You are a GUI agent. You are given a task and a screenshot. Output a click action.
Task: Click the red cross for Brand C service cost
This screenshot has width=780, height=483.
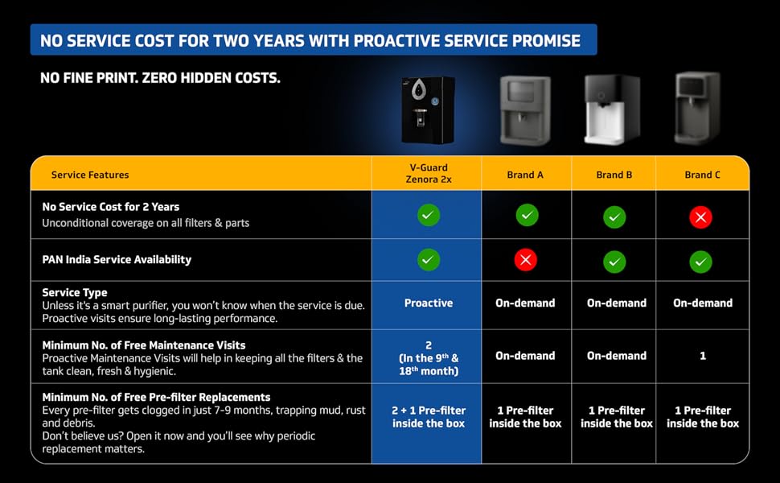point(701,217)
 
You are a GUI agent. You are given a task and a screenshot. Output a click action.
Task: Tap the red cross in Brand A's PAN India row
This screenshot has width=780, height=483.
point(526,260)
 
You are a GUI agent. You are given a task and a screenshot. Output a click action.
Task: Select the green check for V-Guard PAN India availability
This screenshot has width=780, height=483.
point(429,260)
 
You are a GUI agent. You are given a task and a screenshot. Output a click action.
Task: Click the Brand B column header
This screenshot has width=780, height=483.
point(614,175)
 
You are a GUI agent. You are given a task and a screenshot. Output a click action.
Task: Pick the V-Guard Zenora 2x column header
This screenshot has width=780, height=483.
point(429,174)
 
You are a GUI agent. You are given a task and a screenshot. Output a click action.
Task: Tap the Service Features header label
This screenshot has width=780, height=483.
point(90,175)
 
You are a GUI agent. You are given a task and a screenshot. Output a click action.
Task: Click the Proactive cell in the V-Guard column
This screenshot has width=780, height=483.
point(429,303)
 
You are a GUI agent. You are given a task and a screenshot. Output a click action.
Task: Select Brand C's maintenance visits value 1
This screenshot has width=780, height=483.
point(703,356)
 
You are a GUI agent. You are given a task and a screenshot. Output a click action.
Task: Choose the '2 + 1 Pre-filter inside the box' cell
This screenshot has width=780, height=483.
point(429,417)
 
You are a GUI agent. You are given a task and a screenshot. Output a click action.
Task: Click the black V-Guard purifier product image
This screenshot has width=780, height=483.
point(428,110)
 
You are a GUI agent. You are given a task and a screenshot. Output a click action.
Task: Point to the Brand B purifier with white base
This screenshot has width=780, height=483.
point(612,109)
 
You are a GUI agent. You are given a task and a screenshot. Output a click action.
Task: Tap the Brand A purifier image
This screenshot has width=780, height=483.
point(525,110)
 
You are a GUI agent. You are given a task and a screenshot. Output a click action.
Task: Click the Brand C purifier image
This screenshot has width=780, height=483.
point(698,108)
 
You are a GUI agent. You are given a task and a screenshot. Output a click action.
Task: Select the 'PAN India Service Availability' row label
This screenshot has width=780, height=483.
point(117,260)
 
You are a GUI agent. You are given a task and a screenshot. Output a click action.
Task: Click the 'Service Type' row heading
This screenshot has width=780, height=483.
point(75,292)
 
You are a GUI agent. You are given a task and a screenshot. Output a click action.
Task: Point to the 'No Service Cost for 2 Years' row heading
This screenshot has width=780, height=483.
point(111,207)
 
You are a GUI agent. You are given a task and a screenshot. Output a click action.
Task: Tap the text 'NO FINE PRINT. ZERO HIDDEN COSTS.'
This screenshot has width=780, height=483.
point(160,79)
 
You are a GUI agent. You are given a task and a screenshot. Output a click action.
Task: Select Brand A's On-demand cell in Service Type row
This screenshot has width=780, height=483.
point(525,303)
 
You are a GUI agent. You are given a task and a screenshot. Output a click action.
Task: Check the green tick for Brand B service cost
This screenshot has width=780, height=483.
point(614,217)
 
